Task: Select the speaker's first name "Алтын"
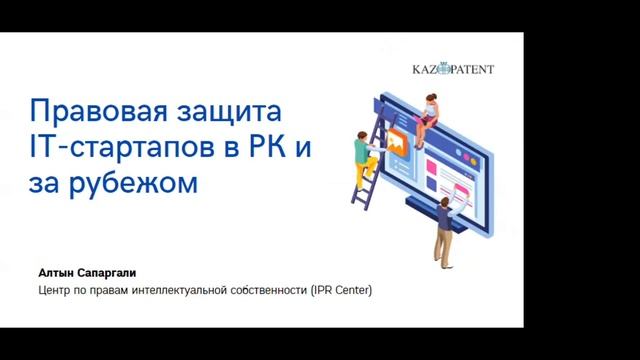(x=55, y=272)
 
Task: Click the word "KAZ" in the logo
(x=427, y=69)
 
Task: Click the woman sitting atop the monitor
(x=430, y=107)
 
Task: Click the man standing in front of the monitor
(x=444, y=225)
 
